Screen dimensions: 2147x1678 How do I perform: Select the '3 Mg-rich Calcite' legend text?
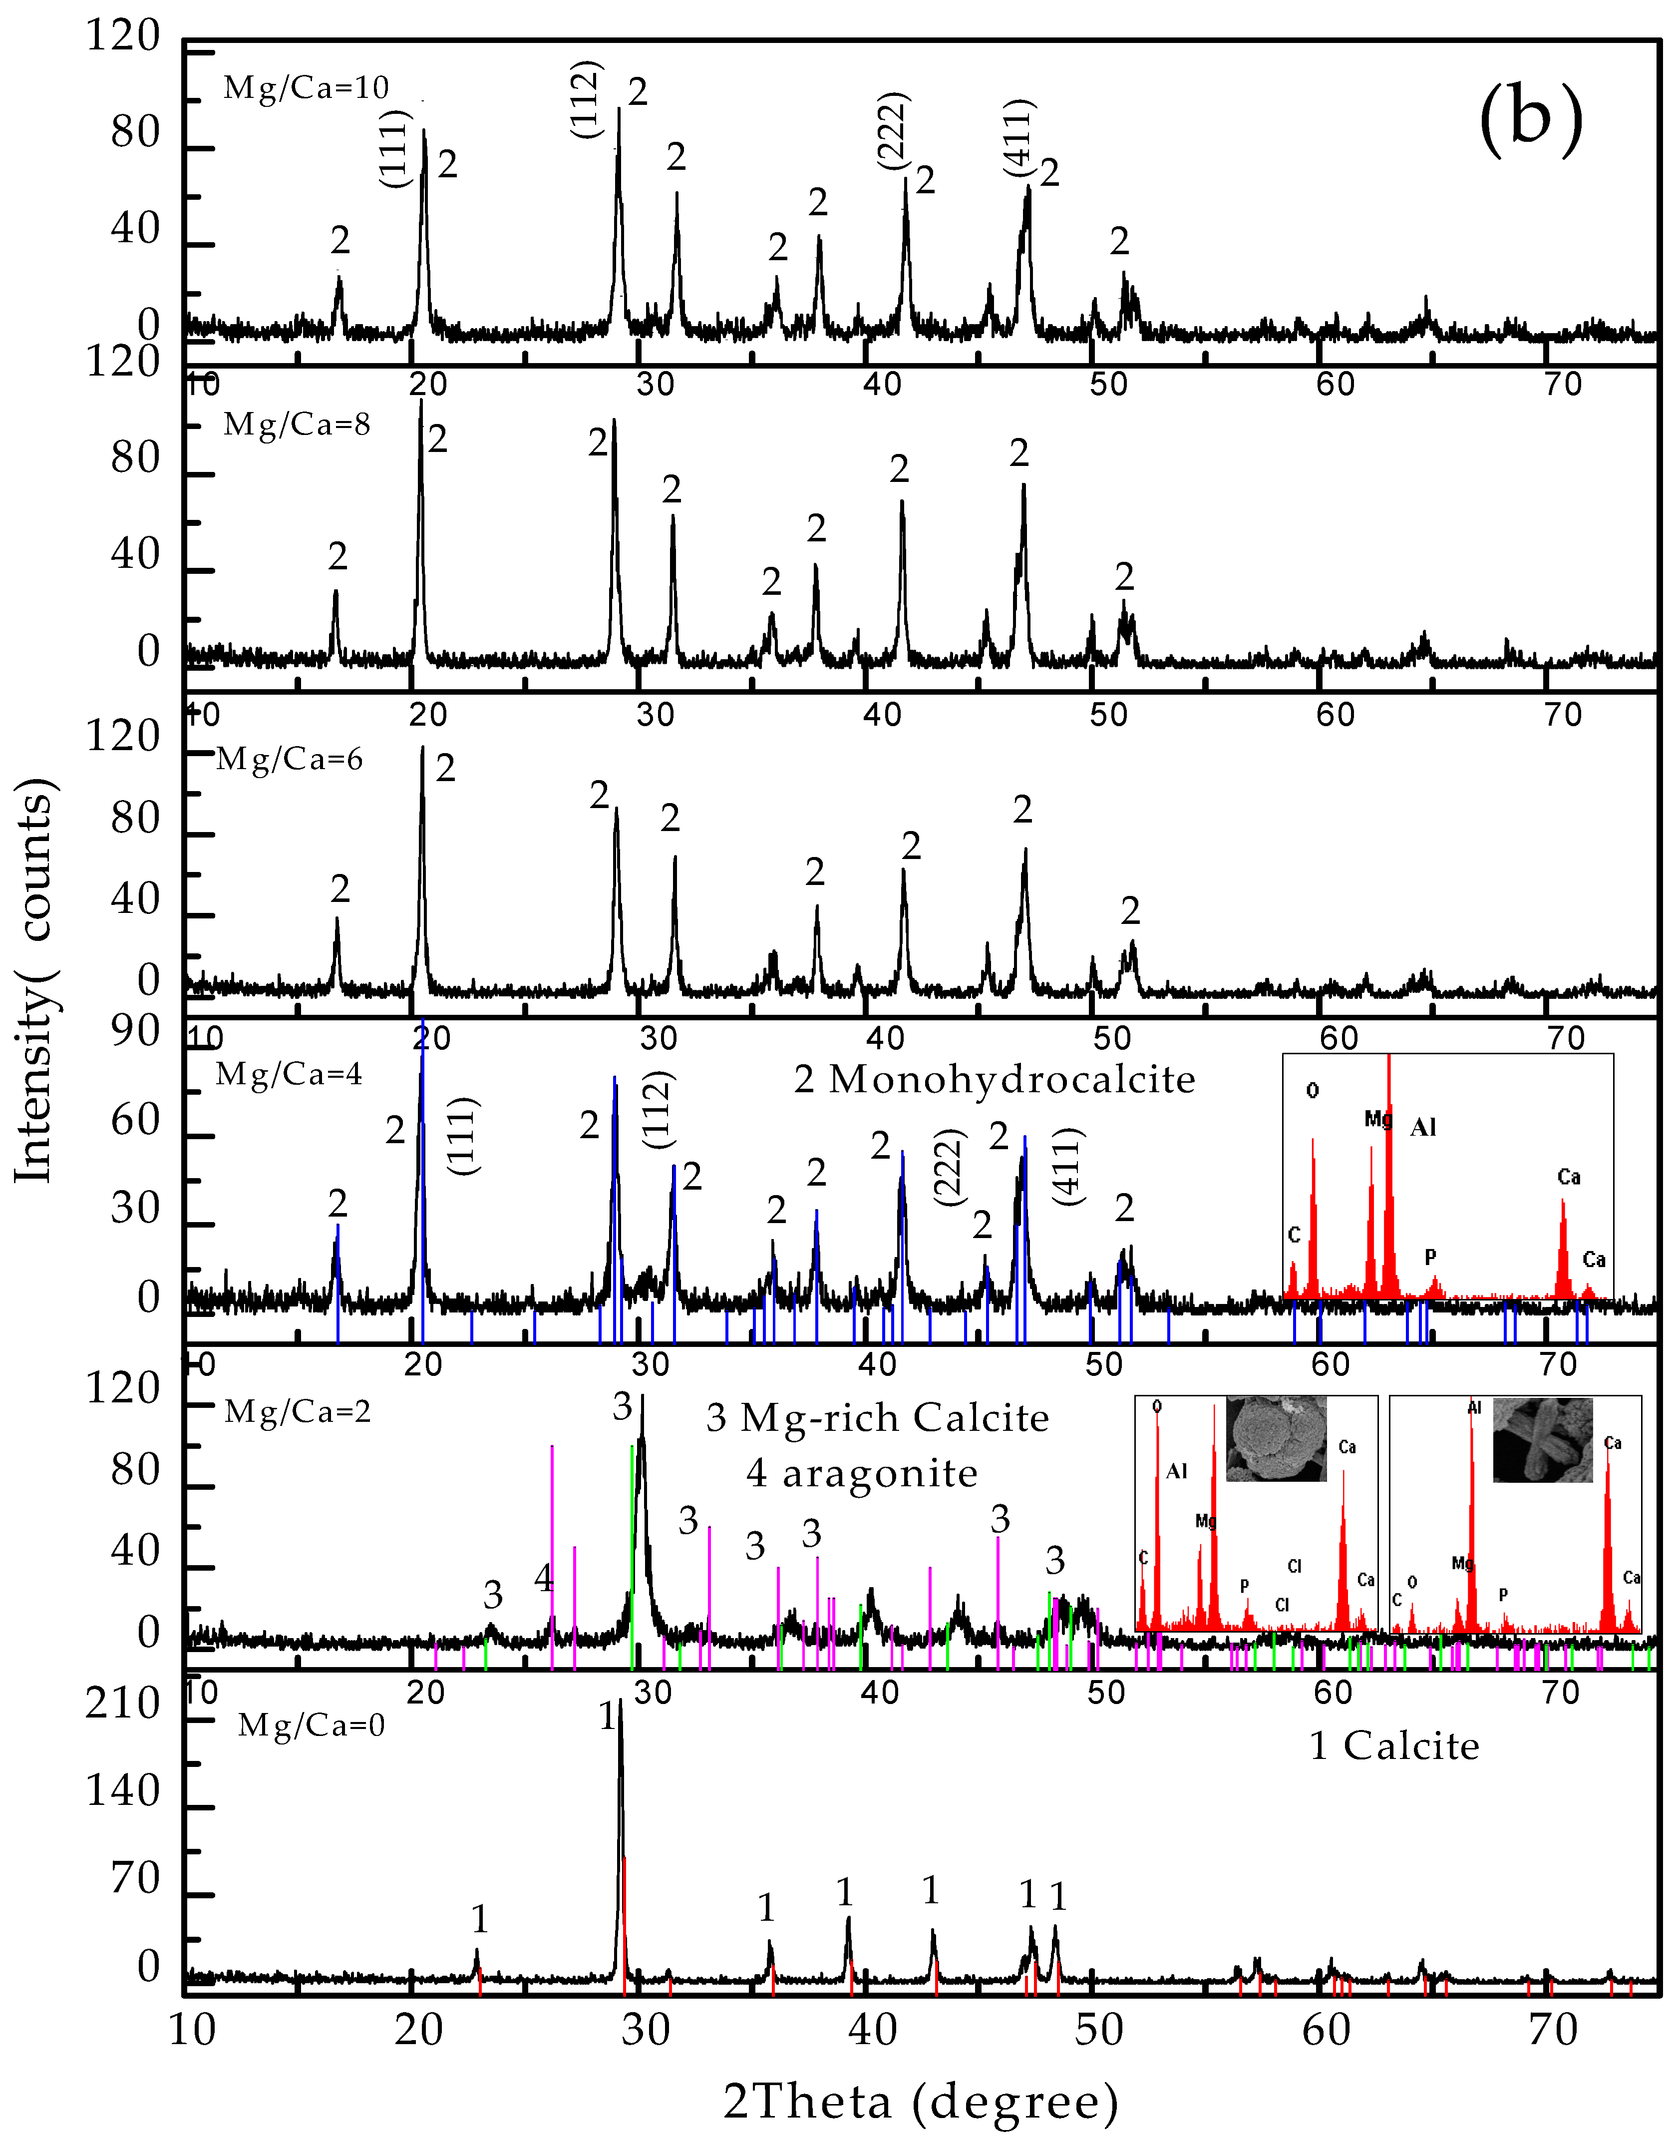tap(877, 1417)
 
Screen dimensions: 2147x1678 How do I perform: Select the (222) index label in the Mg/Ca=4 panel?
tap(950, 1167)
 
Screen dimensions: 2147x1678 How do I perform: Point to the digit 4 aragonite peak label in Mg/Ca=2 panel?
tap(544, 1579)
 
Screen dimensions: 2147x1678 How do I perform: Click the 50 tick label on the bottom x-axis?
tap(1098, 2029)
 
